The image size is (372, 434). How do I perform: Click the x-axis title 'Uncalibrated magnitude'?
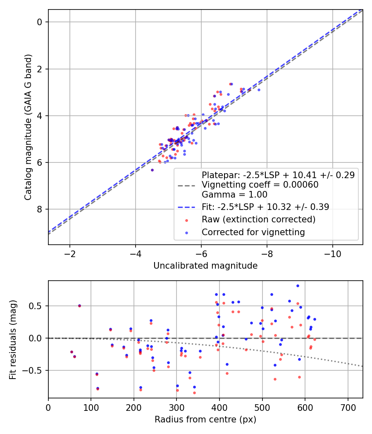pos(205,266)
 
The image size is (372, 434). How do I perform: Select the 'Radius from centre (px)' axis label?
pos(205,420)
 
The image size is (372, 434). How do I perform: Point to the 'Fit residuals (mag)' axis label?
pos(13,339)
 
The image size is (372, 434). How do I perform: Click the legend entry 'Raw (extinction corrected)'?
pos(258,219)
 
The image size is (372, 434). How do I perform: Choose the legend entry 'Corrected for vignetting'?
pos(253,232)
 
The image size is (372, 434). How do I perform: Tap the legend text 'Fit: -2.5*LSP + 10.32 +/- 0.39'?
pos(265,207)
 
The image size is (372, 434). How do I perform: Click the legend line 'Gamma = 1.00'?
pos(234,195)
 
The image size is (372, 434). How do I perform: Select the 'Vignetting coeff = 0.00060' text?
pos(260,185)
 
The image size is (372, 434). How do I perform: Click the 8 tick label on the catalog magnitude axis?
pos(40,210)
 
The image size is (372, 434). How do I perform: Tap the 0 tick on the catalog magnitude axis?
pos(40,22)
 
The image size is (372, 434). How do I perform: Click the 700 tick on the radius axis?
pos(348,407)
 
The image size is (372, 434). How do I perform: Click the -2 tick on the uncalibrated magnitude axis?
pos(69,253)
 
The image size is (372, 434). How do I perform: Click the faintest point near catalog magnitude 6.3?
pos(152,170)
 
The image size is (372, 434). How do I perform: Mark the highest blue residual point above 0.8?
pos(298,286)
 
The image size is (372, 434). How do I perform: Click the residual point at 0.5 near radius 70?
pos(79,306)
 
